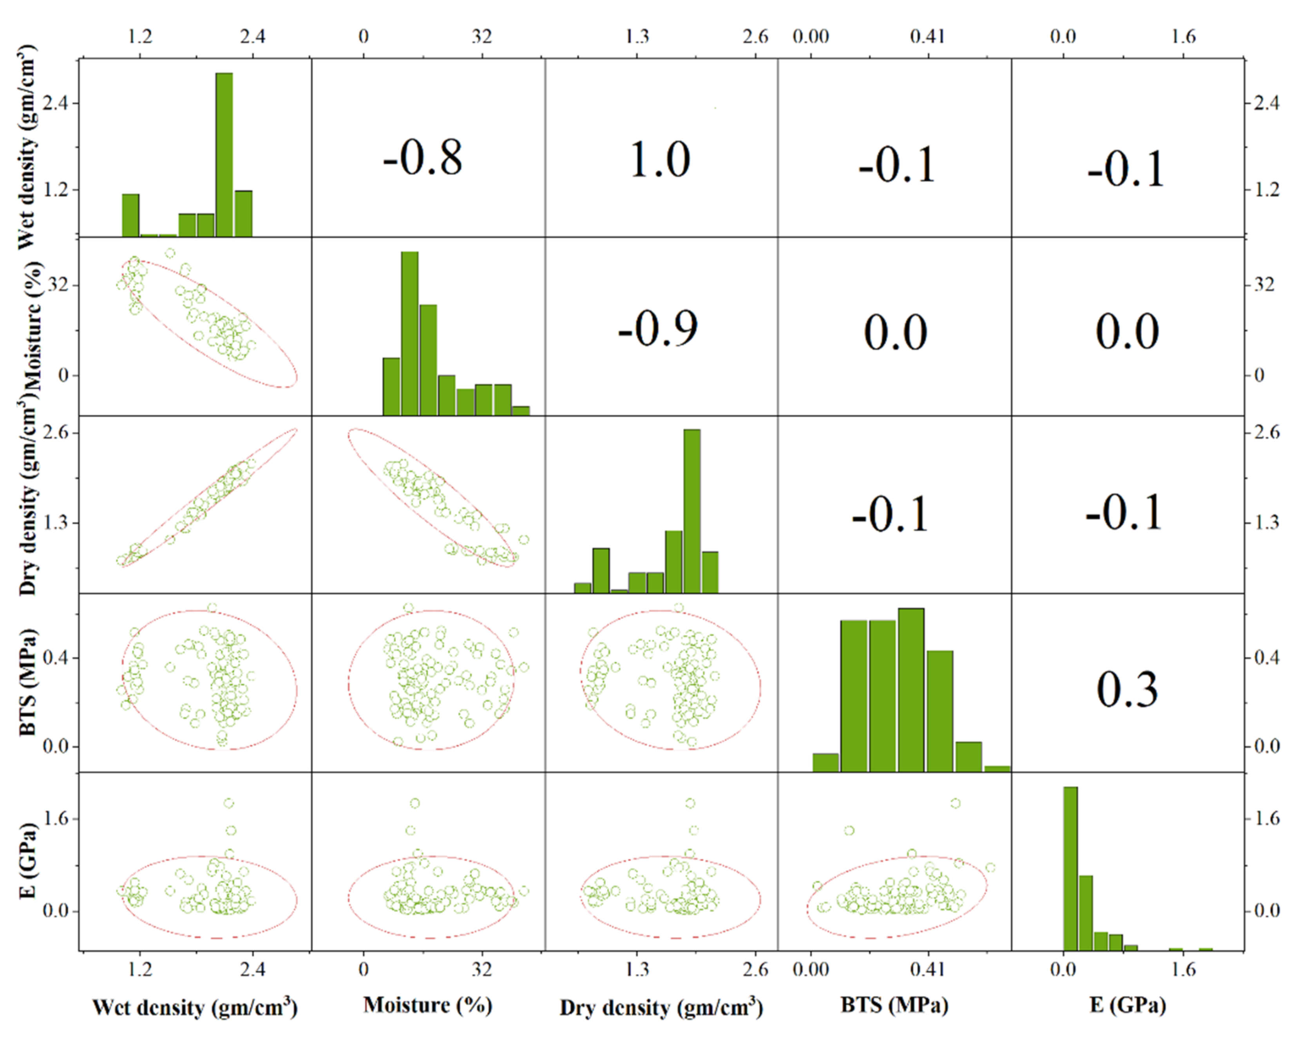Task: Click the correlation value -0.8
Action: [422, 158]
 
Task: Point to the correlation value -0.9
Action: [658, 329]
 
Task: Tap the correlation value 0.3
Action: [1127, 690]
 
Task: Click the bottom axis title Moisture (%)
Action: [427, 1005]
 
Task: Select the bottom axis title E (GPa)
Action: [1127, 1005]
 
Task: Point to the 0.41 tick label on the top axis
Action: [927, 37]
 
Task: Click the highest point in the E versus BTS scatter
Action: [956, 803]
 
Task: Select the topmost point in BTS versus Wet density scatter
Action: [212, 607]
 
